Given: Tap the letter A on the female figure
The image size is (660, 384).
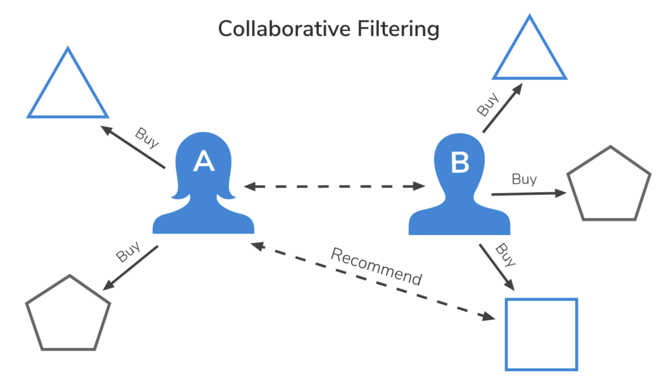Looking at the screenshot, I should click(204, 162).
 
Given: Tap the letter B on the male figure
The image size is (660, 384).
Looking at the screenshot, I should click(460, 163).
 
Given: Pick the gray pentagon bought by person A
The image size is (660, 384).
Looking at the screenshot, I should click(67, 315).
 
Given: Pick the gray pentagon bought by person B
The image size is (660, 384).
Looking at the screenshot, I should click(607, 186).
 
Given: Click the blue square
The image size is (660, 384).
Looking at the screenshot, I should click(541, 334).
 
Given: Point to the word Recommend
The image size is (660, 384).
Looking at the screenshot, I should click(376, 265).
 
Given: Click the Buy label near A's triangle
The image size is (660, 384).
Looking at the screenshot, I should click(147, 137).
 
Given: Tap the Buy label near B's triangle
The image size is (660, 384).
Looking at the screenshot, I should click(488, 105).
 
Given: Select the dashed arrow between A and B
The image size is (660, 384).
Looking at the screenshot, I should click(335, 187).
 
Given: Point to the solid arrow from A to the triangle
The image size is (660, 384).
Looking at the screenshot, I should click(133, 148).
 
